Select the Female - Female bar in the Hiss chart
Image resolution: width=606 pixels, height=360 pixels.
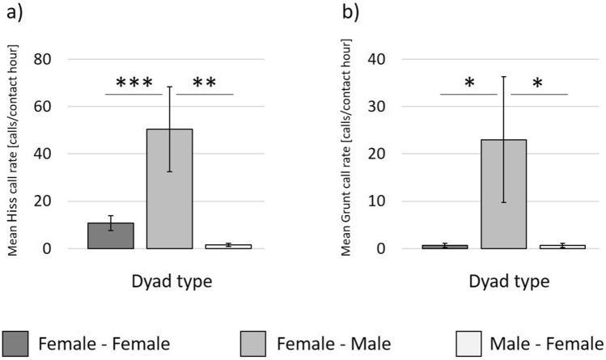click(x=111, y=235)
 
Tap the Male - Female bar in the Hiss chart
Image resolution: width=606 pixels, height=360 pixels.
click(x=228, y=246)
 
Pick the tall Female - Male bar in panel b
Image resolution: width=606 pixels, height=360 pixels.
click(x=504, y=194)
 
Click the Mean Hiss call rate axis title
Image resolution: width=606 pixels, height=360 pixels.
click(x=15, y=154)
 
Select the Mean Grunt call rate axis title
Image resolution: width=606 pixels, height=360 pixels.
click(x=350, y=154)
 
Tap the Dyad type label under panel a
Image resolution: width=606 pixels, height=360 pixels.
click(x=169, y=282)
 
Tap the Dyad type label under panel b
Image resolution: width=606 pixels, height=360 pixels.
click(x=504, y=282)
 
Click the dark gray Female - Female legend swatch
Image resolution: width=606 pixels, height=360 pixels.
click(x=19, y=343)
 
